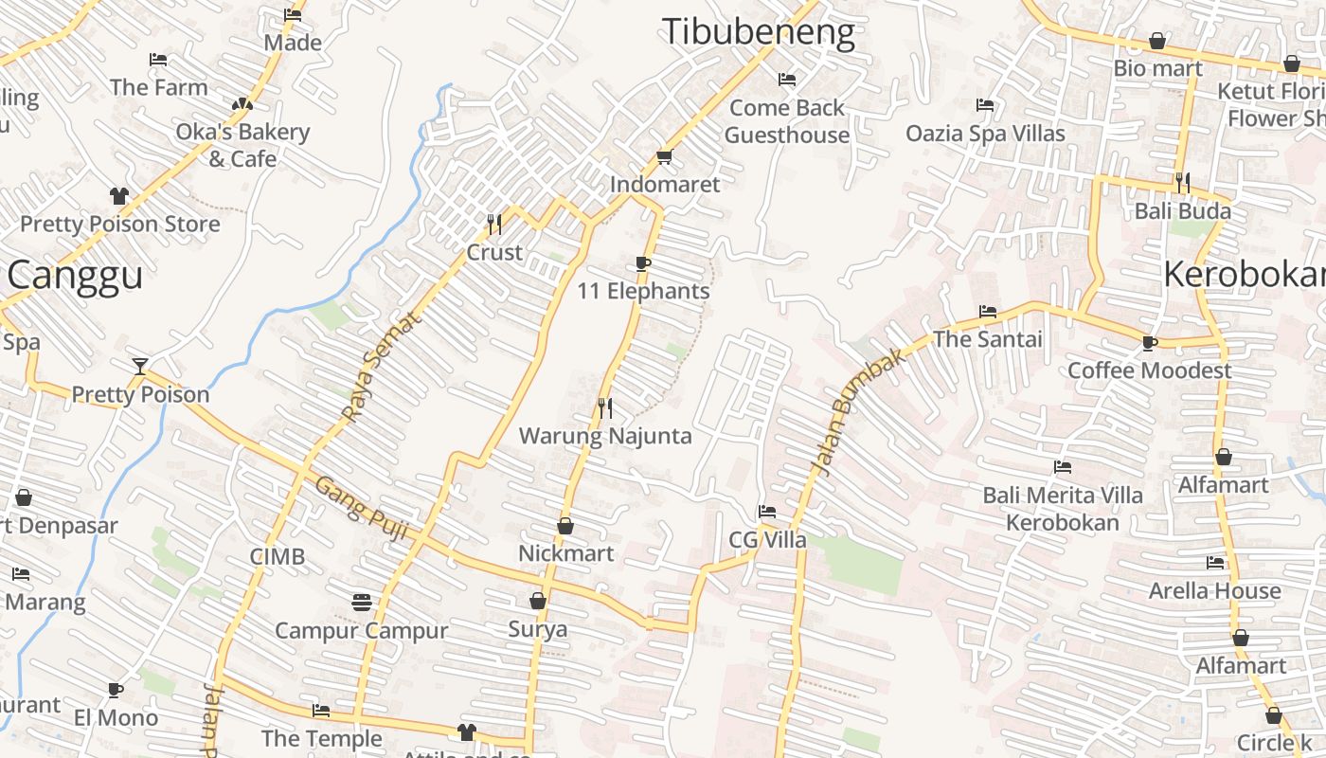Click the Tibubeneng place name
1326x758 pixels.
pos(758,32)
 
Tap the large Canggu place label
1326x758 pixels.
pos(75,276)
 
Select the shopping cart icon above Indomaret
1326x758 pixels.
pos(664,156)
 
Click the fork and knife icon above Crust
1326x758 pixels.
pos(493,224)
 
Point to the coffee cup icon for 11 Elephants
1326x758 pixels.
pos(643,263)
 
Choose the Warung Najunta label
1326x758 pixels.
pos(605,436)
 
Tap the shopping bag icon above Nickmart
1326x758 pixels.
pos(565,525)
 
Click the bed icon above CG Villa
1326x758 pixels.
pos(767,513)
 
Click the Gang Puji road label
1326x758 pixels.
pos(361,508)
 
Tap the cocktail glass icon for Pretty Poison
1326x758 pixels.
pos(140,366)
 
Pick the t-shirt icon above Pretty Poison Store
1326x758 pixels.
pos(119,196)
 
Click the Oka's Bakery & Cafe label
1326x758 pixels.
pos(242,145)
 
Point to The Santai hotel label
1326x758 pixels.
pos(987,339)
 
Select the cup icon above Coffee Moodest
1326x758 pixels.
pos(1150,342)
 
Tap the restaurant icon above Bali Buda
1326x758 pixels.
pos(1182,182)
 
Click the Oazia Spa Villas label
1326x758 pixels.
pos(985,134)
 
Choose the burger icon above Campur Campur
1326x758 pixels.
pos(361,602)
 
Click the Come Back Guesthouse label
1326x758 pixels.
pos(786,121)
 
